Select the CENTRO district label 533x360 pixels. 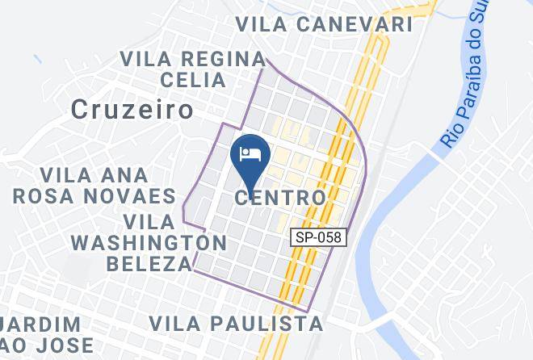[x=282, y=197]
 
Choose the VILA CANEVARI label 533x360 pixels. [x=325, y=24]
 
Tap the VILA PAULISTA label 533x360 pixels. [x=237, y=324]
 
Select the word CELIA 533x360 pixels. [x=192, y=80]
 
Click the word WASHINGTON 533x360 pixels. [x=149, y=242]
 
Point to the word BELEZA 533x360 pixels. [x=149, y=263]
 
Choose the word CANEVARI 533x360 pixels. [x=355, y=24]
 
